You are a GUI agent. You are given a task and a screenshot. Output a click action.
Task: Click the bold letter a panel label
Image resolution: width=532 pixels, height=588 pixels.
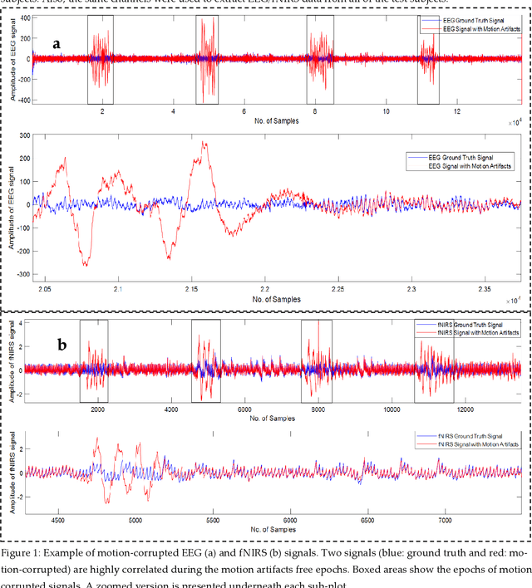click(x=56, y=43)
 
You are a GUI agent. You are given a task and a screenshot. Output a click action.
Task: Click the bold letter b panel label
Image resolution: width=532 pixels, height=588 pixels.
click(x=62, y=344)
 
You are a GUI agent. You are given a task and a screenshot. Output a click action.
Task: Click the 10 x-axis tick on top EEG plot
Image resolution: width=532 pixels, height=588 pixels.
click(x=386, y=110)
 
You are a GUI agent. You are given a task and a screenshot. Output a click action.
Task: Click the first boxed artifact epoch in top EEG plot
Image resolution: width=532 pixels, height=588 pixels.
click(x=101, y=58)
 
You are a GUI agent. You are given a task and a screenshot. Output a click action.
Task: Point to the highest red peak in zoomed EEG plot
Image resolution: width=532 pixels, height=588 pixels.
click(x=204, y=143)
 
